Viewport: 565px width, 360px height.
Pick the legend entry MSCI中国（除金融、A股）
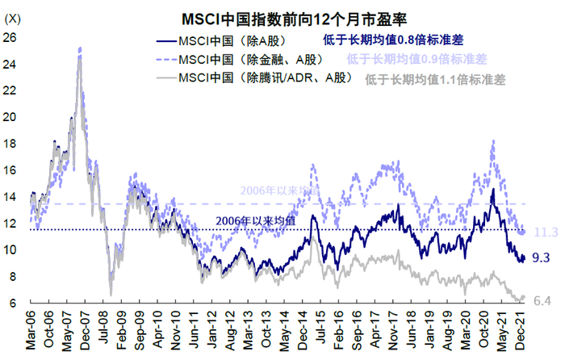click(255, 59)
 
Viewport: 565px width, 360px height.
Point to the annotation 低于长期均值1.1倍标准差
click(436, 79)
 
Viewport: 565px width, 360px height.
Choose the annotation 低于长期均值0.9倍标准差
click(417, 59)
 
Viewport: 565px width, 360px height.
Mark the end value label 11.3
click(546, 232)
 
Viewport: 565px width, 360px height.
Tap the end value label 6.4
click(543, 301)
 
